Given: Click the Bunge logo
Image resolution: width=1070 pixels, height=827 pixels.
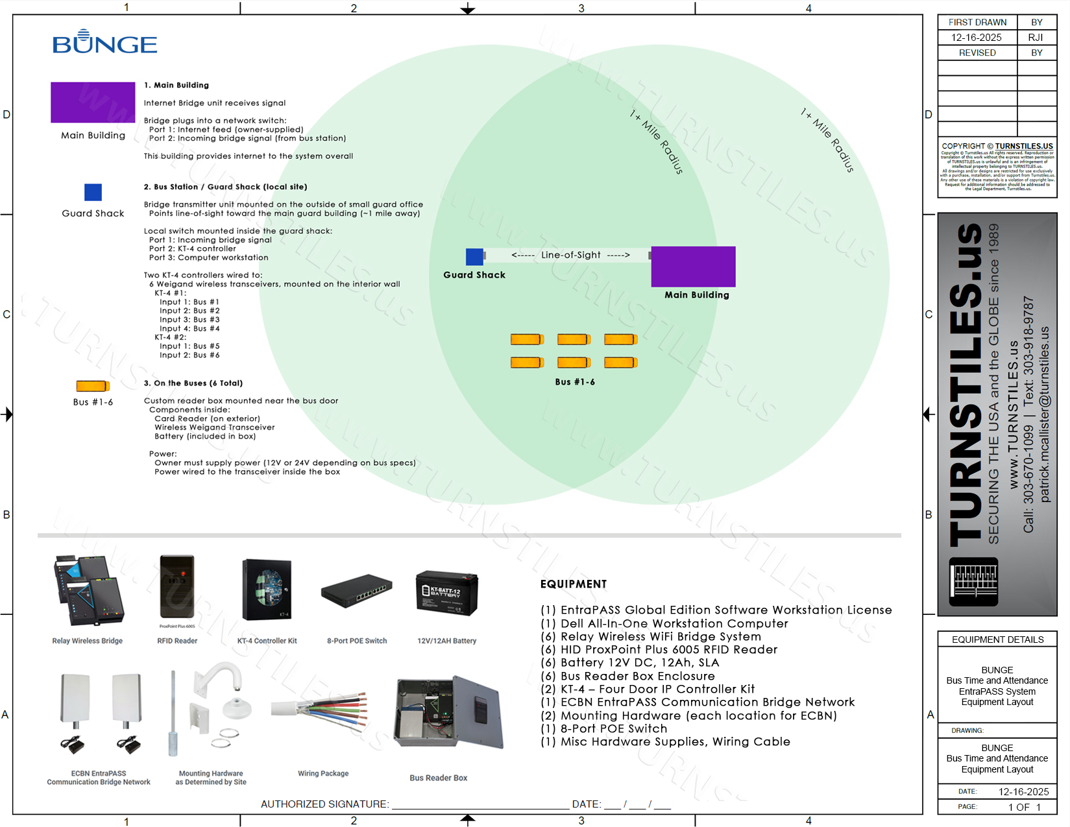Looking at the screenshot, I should tap(104, 42).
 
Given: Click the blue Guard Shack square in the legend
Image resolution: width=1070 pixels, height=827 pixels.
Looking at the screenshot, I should tap(93, 192).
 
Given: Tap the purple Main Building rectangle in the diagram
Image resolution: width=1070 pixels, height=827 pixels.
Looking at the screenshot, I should tap(693, 266).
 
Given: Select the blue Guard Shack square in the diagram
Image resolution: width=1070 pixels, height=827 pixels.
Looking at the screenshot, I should tap(474, 257).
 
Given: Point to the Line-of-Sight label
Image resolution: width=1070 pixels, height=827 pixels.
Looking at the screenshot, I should tap(570, 255).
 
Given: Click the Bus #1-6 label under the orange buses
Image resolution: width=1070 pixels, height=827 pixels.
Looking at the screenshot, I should tap(575, 382).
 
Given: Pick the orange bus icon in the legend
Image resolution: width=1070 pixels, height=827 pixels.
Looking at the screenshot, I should tap(92, 386).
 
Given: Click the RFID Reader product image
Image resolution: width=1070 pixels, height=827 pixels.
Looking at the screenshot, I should tap(177, 587).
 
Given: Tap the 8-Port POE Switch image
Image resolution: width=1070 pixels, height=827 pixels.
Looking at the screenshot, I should tap(356, 590).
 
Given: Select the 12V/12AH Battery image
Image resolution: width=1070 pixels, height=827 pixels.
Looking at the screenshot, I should tap(446, 592).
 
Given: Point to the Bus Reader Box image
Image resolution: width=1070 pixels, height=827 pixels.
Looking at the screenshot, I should tap(449, 713).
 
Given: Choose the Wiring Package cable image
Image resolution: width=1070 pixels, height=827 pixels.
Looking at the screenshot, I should tap(323, 713).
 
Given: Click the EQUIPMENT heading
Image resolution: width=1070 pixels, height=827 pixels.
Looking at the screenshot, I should tap(574, 584).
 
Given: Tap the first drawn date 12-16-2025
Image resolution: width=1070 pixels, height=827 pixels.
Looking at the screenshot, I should tap(977, 38).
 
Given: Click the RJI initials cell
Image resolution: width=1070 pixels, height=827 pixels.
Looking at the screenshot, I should tap(1036, 38).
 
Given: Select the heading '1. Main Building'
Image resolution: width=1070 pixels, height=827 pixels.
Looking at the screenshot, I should tap(176, 85).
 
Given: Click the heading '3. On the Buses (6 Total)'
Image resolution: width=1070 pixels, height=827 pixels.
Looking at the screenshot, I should tap(193, 383).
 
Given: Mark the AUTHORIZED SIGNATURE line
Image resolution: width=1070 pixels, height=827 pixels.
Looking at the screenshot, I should tap(480, 804).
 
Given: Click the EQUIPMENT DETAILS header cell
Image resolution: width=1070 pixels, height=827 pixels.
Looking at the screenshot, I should tap(997, 640).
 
